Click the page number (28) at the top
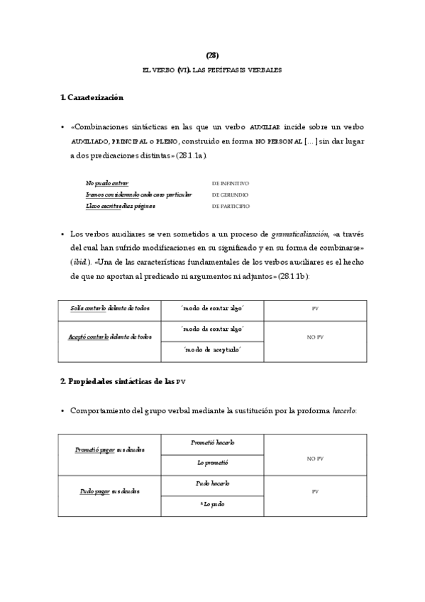point(212,55)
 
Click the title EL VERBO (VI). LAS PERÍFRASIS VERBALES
point(212,70)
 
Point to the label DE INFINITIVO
point(230,182)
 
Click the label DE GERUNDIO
point(228,195)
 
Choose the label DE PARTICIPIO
point(230,207)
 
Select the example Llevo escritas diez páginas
point(120,207)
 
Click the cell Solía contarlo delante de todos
point(110,310)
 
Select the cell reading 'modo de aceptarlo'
point(212,351)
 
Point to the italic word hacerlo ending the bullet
point(344,411)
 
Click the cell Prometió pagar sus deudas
point(110,451)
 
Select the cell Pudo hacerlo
point(212,483)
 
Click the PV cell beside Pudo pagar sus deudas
point(314,491)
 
